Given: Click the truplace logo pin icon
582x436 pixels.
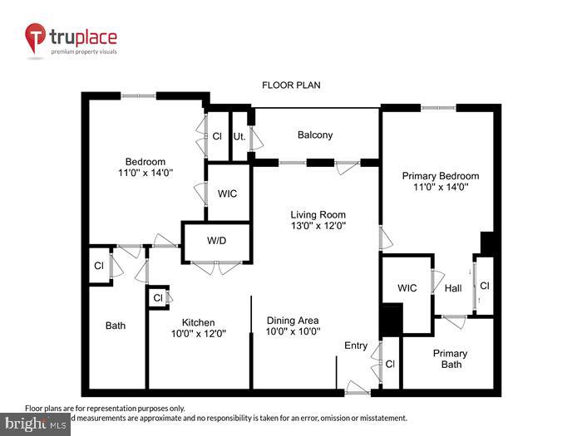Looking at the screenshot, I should [36, 38].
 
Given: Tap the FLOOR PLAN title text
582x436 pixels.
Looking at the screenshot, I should [291, 85].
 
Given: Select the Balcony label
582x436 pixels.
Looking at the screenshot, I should [315, 135].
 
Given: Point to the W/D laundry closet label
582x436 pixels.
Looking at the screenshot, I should [216, 242].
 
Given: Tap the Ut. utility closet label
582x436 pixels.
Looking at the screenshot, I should [239, 135].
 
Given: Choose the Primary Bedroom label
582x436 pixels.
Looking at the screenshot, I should [441, 176].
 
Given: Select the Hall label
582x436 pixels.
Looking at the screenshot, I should [453, 288].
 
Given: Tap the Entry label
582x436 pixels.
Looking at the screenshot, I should [356, 345].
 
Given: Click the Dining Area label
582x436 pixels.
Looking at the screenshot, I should [292, 321].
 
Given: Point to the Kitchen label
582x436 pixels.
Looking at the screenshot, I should [199, 322].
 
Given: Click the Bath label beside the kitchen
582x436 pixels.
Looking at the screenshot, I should [116, 326].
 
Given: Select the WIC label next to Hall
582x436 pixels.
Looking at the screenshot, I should [407, 288].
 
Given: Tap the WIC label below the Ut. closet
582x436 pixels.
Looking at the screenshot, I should [227, 194].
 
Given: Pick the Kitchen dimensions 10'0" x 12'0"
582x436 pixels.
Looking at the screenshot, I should [199, 334].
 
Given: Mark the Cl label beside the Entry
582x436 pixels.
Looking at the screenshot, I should [390, 363].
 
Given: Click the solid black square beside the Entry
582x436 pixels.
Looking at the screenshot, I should [391, 319].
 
